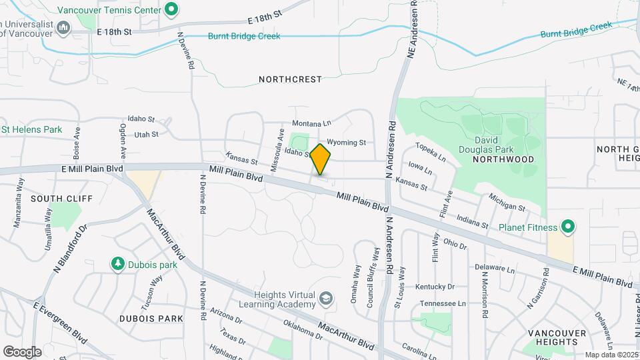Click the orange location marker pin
(320, 159)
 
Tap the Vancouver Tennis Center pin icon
(171, 9)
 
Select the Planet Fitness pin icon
(568, 227)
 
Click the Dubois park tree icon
(118, 264)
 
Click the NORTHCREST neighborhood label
(290, 79)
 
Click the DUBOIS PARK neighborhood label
(151, 319)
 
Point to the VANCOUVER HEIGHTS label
(552, 337)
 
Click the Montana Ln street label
(311, 124)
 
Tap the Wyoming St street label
(347, 142)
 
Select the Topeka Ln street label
(430, 152)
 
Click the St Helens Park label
(31, 129)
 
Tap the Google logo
(22, 351)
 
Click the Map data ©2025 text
(611, 355)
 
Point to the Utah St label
(146, 134)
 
